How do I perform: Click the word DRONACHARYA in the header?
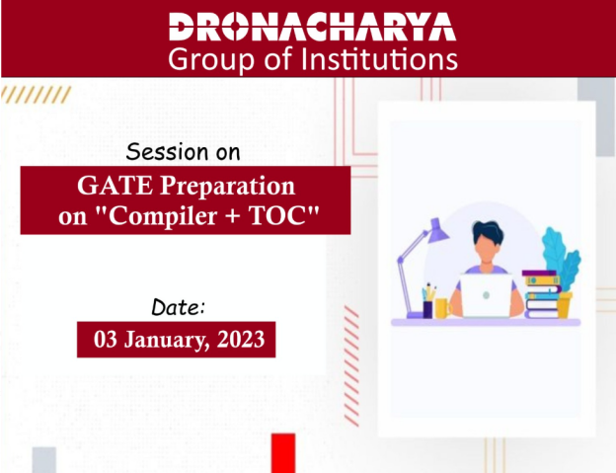point(312,27)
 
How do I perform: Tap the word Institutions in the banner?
point(379,59)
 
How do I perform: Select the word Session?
point(168,152)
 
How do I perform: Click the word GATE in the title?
point(115,185)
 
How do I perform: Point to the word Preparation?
point(227,187)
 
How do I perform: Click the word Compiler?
point(163,217)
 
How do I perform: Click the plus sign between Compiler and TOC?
point(233,216)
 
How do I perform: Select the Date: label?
point(178,307)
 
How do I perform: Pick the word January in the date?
point(167,341)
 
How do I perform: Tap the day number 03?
point(106,339)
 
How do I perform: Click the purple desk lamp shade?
point(438,231)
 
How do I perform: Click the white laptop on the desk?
point(487,295)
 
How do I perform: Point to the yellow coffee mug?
point(442,308)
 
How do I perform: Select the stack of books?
point(541,294)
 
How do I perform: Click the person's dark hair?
point(488,231)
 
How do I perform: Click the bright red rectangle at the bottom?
point(283,453)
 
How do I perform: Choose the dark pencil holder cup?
point(427,309)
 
